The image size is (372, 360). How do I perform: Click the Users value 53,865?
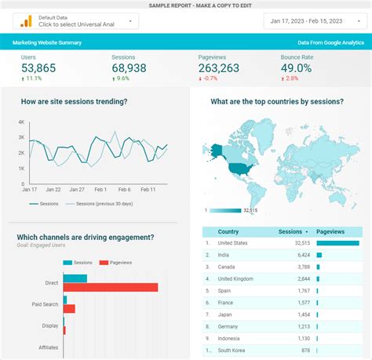(38, 68)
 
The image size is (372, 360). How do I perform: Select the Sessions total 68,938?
(129, 68)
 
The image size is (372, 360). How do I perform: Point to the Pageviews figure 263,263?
(219, 68)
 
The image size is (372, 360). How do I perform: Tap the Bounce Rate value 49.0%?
(297, 68)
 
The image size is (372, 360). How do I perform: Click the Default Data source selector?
(75, 20)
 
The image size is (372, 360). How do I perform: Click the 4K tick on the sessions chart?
(22, 122)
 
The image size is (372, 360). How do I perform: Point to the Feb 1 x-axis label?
(100, 189)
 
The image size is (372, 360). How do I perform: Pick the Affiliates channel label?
(48, 347)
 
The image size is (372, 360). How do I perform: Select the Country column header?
(228, 231)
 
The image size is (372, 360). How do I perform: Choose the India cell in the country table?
(224, 255)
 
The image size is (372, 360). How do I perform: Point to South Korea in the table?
(232, 350)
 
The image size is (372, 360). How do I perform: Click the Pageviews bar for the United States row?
(337, 243)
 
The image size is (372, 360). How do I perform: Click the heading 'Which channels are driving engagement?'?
(85, 237)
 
